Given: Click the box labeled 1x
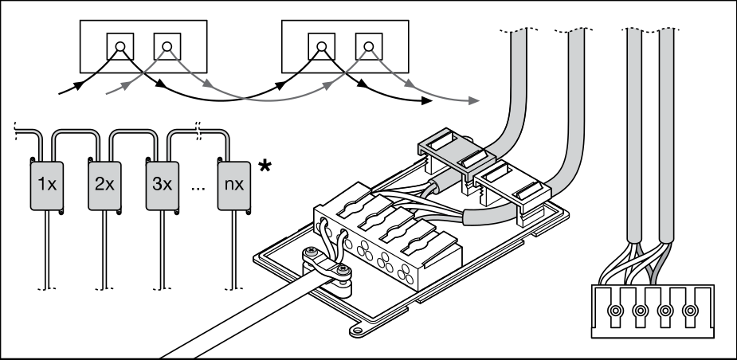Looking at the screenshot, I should tap(47, 185).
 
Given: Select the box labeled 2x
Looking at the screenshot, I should tap(104, 185).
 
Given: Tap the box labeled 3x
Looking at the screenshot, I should tap(162, 185).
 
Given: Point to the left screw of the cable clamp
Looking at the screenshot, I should tap(309, 256).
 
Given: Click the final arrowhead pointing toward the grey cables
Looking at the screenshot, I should tap(474, 100).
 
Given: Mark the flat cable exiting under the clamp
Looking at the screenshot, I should tap(239, 315).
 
